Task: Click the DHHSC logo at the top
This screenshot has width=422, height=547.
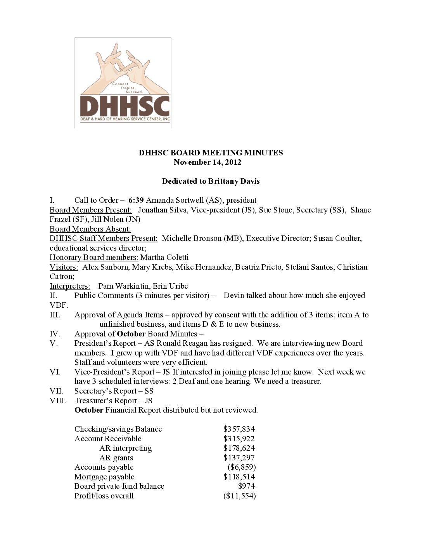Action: [x=123, y=83]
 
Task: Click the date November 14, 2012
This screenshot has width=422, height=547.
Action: [x=207, y=162]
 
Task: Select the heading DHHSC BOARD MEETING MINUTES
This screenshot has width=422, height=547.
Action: [x=211, y=153]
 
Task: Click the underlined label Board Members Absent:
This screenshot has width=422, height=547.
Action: [x=90, y=229]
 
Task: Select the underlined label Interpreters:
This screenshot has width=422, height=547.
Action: [x=70, y=286]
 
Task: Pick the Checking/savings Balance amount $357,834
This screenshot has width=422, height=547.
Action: [x=239, y=429]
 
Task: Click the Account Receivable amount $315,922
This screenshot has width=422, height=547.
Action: [x=239, y=439]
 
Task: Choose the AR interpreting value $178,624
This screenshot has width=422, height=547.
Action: [x=239, y=448]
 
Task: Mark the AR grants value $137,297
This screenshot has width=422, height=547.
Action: [x=239, y=458]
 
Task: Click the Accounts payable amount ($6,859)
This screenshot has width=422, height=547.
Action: [x=242, y=467]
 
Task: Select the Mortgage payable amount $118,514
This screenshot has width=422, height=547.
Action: [x=239, y=477]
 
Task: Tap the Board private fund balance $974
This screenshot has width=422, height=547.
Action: [x=246, y=486]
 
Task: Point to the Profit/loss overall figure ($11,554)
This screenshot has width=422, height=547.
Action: [x=240, y=496]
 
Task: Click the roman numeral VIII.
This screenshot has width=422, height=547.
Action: [x=58, y=401]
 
